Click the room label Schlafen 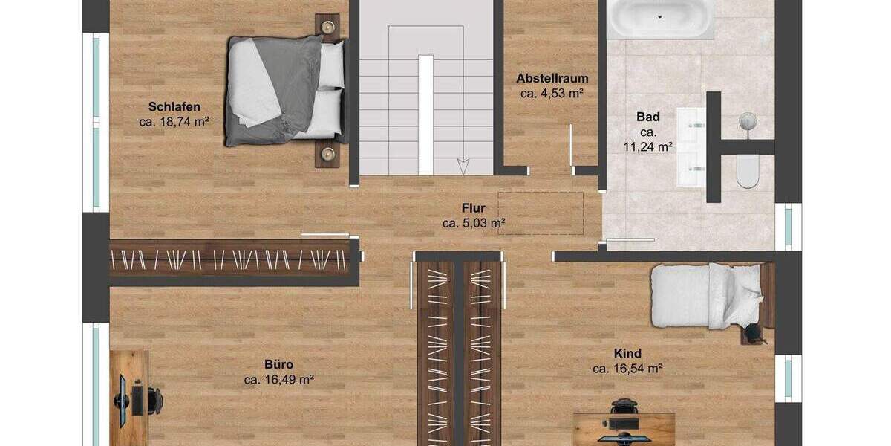[174, 106]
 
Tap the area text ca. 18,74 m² [174, 122]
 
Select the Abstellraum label [552, 78]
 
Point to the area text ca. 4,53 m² [552, 94]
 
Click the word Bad [648, 117]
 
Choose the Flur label [473, 207]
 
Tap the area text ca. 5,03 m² [474, 222]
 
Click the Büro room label [279, 364]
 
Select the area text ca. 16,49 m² [279, 380]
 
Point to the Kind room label [627, 353]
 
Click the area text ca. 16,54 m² [627, 368]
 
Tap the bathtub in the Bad [660, 18]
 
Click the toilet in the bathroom [748, 173]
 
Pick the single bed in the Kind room [705, 296]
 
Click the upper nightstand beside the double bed [327, 27]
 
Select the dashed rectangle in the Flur [541, 213]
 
